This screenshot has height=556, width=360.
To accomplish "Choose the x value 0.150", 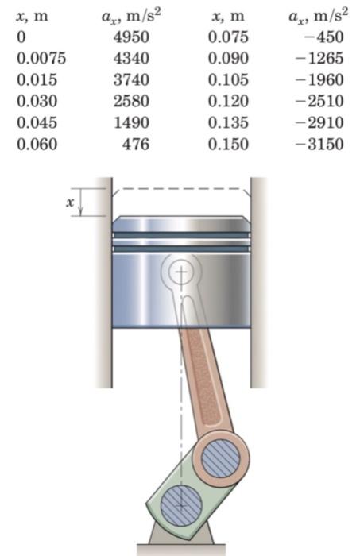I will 228,144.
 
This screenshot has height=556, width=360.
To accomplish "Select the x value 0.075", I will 228,37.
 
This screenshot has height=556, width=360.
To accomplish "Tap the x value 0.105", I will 228,79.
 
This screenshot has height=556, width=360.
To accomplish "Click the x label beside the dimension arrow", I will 70,203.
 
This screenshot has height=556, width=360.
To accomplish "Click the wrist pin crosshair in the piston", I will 183,272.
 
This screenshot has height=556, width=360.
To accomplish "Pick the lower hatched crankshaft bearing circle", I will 180,503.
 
